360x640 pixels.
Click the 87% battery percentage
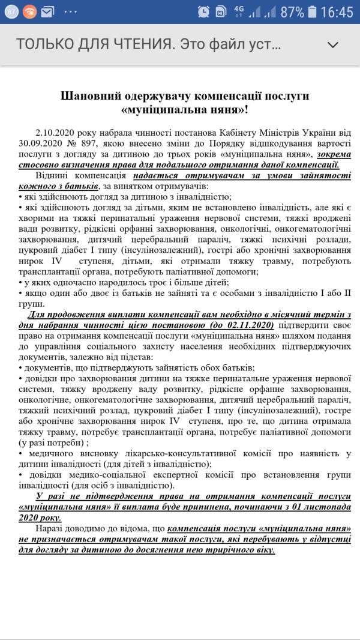(x=292, y=12)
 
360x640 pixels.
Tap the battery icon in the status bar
(x=312, y=12)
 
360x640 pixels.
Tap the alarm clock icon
(x=203, y=12)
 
